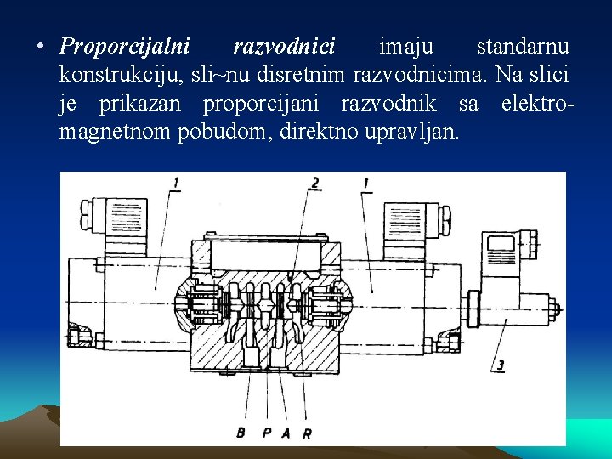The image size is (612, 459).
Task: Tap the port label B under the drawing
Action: click(241, 433)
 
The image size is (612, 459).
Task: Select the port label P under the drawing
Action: click(266, 433)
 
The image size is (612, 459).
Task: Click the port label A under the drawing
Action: click(286, 433)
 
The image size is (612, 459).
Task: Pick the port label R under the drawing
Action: click(307, 433)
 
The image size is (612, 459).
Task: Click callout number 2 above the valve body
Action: click(315, 183)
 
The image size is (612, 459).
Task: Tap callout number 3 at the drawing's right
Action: click(501, 365)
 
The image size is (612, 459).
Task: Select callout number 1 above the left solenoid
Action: click(175, 183)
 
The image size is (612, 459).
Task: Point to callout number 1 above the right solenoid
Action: click(365, 183)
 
